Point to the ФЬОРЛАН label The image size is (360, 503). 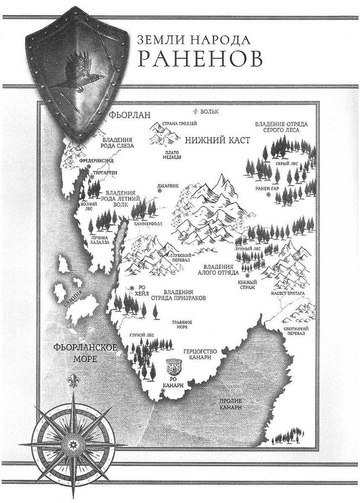(129, 115)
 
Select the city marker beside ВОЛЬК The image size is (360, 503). (196, 111)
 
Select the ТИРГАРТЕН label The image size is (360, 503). (105, 172)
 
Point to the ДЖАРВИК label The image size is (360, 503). (168, 185)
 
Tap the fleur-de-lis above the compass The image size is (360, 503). (74, 380)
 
